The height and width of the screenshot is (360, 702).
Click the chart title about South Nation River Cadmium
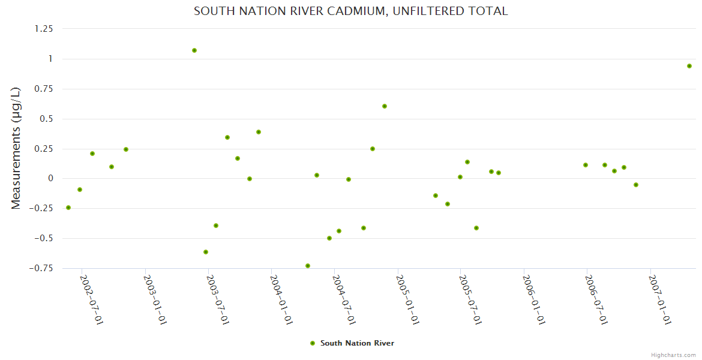(x=350, y=11)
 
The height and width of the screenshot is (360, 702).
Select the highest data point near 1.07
(x=194, y=50)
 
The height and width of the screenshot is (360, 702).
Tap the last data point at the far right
(x=689, y=66)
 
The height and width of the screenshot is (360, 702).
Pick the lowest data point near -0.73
(x=308, y=266)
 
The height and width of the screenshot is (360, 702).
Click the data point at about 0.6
(x=385, y=106)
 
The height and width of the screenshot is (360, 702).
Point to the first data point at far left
(x=68, y=208)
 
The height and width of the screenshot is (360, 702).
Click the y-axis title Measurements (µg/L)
(x=16, y=148)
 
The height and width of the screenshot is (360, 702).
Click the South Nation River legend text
(x=357, y=343)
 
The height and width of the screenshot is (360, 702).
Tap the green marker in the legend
(x=312, y=343)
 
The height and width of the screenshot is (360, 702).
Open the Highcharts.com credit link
(x=673, y=355)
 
